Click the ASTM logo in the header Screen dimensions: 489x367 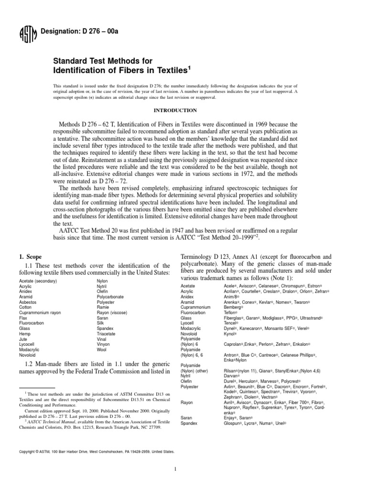pos(25,34)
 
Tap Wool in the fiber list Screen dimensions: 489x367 pos(102,350)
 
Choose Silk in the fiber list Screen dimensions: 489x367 pos(101,322)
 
